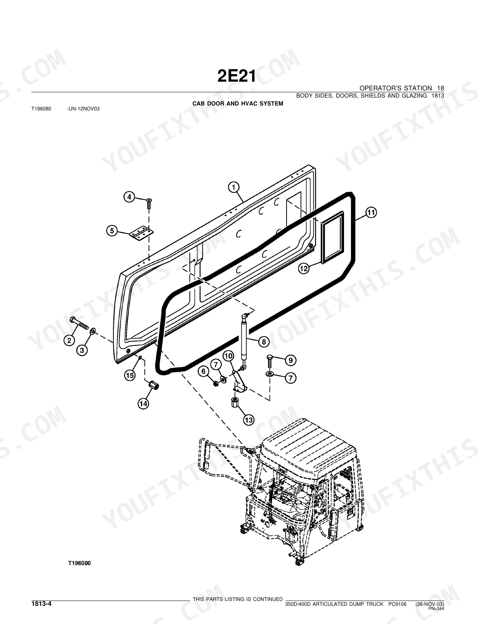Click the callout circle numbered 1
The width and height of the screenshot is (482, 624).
234,188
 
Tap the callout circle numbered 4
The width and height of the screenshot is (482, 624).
129,197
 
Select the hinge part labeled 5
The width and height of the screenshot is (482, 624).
141,233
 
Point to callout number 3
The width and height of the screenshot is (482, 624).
82,350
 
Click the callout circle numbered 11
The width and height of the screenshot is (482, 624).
371,213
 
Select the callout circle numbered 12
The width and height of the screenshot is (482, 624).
304,269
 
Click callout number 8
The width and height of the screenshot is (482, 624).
264,342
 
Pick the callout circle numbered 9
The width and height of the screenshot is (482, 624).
290,360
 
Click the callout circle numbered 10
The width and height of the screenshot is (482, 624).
228,356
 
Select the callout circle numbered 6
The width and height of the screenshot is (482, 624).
203,372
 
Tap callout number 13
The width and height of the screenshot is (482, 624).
249,421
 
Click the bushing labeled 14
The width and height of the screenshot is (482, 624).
153,385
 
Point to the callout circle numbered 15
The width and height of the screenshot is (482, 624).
130,375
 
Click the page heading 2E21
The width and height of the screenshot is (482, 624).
237,76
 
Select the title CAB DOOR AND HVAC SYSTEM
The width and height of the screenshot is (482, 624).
238,104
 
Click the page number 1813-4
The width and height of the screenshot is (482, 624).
41,604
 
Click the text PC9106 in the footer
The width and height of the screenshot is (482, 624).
397,604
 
